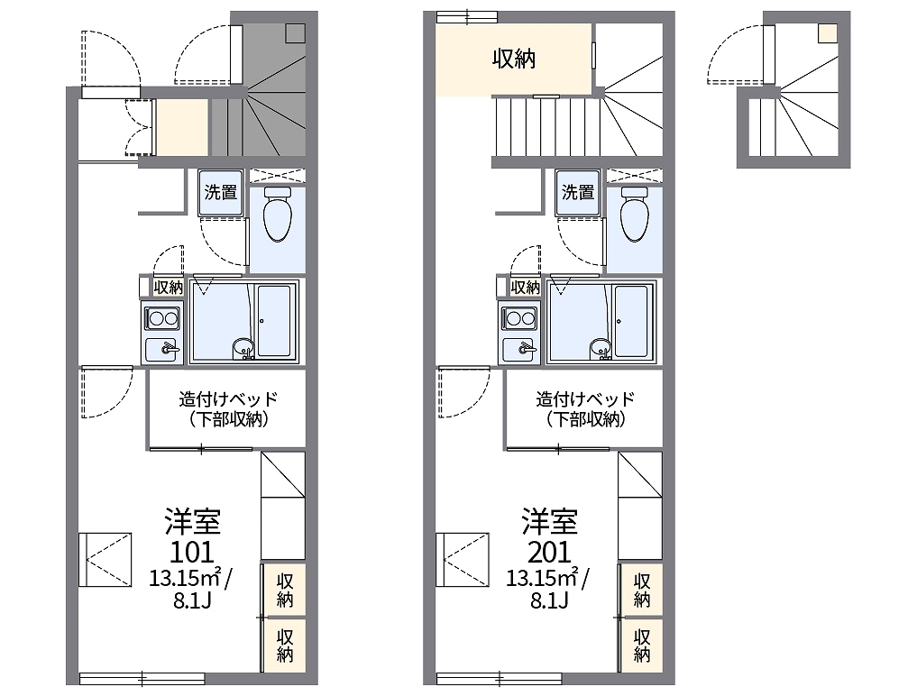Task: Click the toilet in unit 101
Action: (277, 214)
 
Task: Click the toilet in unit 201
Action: (635, 214)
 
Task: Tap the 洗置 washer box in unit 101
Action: (221, 192)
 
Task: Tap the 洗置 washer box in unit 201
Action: (578, 192)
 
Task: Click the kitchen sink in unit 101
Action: (162, 349)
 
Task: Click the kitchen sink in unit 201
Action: (519, 349)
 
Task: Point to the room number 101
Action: (192, 552)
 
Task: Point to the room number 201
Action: (549, 552)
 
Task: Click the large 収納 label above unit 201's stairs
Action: (513, 59)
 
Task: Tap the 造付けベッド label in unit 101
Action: (228, 399)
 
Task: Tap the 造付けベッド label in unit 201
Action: (585, 399)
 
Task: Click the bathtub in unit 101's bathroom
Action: (274, 321)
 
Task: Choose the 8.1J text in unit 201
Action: (549, 600)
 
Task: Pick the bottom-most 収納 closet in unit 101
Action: (284, 646)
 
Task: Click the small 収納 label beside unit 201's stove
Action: (525, 288)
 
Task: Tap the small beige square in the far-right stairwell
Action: (828, 33)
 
